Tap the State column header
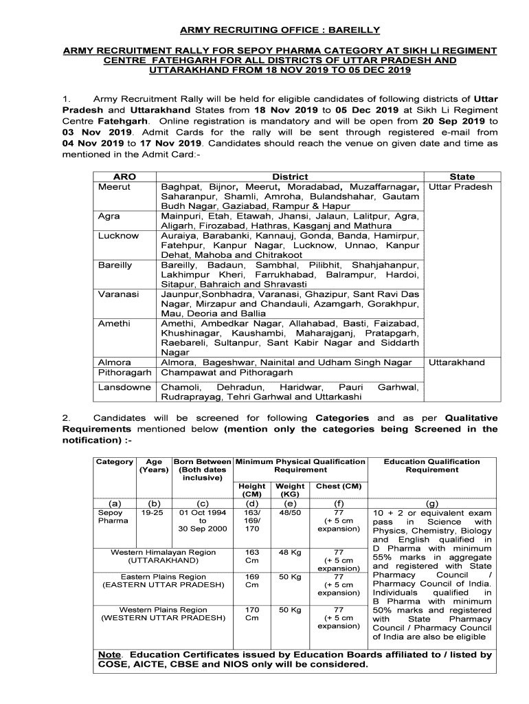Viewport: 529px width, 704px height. click(x=462, y=177)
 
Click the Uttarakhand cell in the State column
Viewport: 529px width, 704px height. click(x=457, y=362)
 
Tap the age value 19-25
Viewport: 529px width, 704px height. click(x=150, y=513)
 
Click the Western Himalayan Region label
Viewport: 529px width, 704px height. click(x=164, y=552)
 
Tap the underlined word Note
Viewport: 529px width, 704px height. click(x=109, y=654)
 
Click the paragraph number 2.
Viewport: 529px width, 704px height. click(x=66, y=418)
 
